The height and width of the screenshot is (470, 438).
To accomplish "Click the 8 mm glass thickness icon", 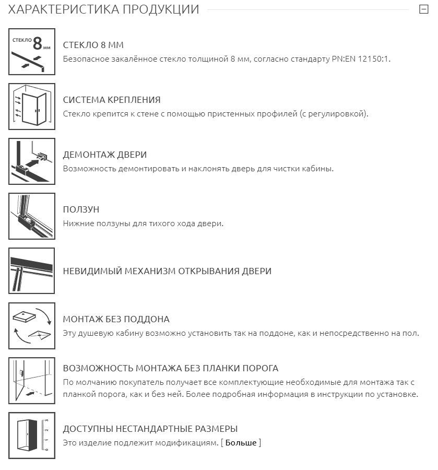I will pyautogui.click(x=32, y=52).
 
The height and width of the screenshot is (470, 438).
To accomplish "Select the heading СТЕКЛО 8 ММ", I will pyautogui.click(x=93, y=45).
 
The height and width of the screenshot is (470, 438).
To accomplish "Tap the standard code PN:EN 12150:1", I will pyautogui.click(x=361, y=59).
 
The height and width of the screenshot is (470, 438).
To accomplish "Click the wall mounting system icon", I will pyautogui.click(x=32, y=107).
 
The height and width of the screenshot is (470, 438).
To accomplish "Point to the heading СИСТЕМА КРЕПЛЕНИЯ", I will pyautogui.click(x=111, y=100).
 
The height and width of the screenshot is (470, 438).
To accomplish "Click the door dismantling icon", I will pyautogui.click(x=32, y=161).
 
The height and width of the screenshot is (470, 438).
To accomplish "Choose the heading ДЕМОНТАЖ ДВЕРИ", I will pyautogui.click(x=104, y=155).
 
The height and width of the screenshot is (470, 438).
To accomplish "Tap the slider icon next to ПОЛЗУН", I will pyautogui.click(x=32, y=216).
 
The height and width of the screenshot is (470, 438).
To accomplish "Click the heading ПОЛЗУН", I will pyautogui.click(x=81, y=209).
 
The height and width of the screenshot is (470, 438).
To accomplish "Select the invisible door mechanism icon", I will pyautogui.click(x=32, y=271).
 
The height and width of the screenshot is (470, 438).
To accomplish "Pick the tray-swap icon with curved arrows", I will pyautogui.click(x=32, y=326).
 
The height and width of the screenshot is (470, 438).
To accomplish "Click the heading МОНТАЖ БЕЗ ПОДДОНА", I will pyautogui.click(x=116, y=319).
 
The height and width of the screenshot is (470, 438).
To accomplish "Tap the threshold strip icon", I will pyautogui.click(x=32, y=381).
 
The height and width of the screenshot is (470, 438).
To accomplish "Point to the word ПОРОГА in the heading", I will pyautogui.click(x=258, y=368).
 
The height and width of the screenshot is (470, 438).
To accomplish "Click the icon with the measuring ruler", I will pyautogui.click(x=32, y=436).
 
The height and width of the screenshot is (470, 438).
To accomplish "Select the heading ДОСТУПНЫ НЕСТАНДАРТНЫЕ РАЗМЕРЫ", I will pyautogui.click(x=150, y=429).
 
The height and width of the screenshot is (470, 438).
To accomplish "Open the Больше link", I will pyautogui.click(x=241, y=443).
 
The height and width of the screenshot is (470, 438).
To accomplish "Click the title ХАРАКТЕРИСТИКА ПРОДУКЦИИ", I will pyautogui.click(x=104, y=9).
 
